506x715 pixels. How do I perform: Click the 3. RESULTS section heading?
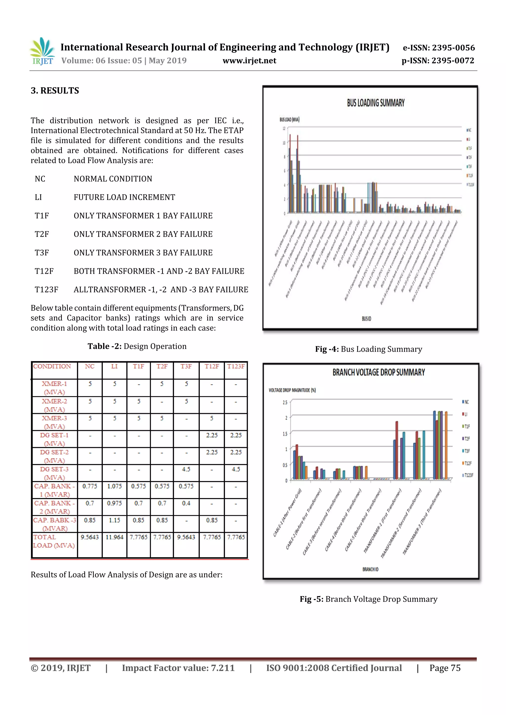tap(55, 91)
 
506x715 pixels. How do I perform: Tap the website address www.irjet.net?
tap(249, 61)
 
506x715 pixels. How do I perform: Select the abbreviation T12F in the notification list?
tap(44, 271)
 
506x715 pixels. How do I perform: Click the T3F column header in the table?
tap(186, 367)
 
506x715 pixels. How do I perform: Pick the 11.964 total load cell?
tap(114, 537)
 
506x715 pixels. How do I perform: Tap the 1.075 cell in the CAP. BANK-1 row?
tap(114, 486)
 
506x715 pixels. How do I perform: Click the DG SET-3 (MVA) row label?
tap(54, 473)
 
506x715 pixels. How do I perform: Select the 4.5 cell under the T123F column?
tap(236, 469)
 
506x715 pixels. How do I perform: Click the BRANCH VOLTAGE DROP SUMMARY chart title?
tap(379, 372)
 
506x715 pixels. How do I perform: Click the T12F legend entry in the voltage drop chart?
tap(468, 463)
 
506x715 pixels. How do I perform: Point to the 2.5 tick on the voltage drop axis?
tap(285, 402)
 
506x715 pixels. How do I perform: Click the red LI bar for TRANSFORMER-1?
tap(397, 450)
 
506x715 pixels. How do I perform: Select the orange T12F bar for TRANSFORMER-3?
tap(446, 445)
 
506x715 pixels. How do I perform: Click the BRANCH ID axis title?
tap(370, 569)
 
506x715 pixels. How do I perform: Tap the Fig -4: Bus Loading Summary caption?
tap(369, 349)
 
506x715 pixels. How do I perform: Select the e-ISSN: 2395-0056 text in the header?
tap(439, 48)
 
